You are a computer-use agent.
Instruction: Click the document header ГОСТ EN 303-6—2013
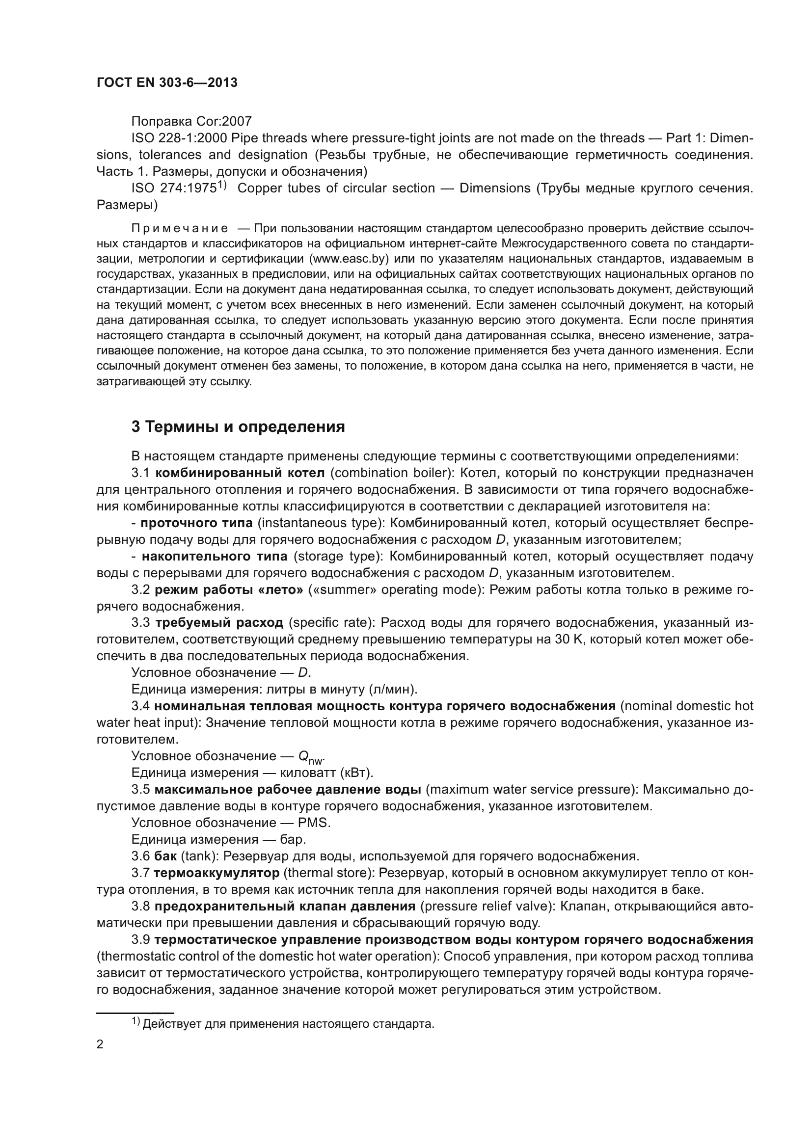[166, 83]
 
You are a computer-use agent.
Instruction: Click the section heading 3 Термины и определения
[238, 427]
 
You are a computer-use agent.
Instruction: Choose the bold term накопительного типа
[215, 557]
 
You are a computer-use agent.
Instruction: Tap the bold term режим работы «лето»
[228, 590]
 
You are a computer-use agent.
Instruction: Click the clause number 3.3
[140, 623]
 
